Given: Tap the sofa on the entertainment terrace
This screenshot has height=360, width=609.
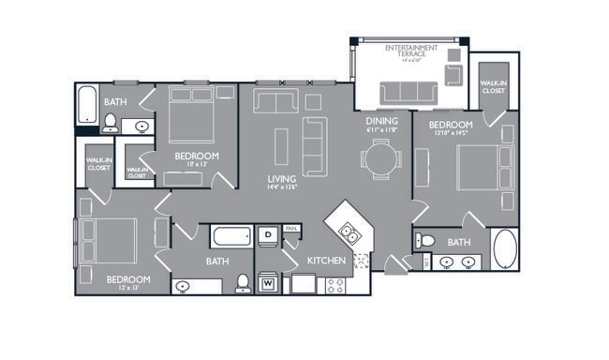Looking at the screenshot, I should point(408,91).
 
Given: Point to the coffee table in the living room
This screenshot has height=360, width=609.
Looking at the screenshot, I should point(281,145).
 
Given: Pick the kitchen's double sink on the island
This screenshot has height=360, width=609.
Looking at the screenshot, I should point(347,233).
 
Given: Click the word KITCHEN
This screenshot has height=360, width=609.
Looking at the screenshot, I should point(327,259).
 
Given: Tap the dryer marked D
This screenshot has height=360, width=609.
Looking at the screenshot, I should point(266,233).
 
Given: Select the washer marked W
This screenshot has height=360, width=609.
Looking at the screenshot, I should point(268,280).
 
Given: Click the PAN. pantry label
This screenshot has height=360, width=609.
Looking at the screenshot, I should point(291,228).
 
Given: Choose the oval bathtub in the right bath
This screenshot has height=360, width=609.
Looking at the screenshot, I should point(504,250).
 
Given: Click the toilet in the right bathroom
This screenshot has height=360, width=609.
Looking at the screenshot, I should point(425,241).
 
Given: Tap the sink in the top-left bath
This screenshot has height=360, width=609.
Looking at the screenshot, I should point(141,126).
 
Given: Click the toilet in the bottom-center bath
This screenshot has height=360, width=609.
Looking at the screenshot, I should point(243,282).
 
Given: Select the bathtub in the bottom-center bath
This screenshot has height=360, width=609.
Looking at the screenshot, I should point(230,235).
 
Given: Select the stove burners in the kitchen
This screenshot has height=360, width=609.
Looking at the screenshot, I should point(334,284).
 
